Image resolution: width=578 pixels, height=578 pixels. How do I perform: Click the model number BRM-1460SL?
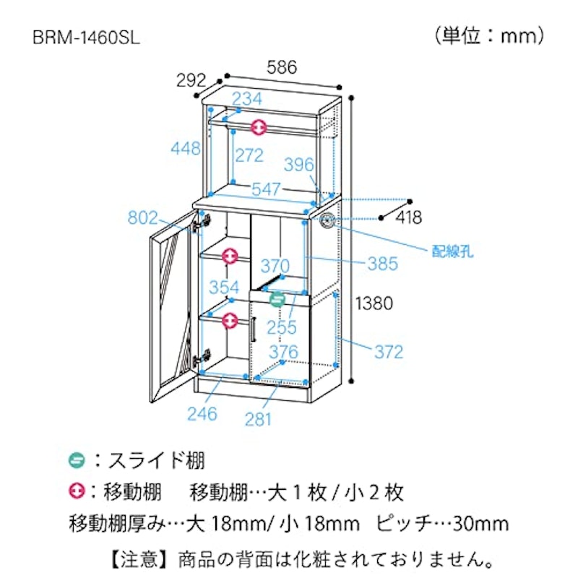tap(86, 38)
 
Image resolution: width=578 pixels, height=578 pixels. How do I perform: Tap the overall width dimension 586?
tap(282, 67)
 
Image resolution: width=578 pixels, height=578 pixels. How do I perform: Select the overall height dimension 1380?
tap(374, 303)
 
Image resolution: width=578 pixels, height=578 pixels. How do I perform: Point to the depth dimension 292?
tap(191, 80)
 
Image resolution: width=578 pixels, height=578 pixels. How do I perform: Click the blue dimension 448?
tap(186, 149)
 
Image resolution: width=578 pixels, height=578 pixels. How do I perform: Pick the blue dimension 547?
tap(266, 189)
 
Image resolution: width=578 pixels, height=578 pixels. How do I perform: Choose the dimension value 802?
tap(142, 217)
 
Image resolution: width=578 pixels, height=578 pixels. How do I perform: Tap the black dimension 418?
tap(409, 217)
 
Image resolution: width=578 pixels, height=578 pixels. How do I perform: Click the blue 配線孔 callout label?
tap(452, 251)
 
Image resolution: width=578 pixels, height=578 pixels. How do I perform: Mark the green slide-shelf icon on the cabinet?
tap(277, 299)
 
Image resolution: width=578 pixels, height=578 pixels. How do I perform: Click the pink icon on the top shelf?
tap(259, 128)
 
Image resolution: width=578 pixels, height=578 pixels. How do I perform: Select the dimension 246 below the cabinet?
tap(202, 414)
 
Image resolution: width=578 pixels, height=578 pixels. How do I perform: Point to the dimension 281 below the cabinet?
tap(258, 419)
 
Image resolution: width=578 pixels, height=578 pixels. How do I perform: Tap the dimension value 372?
tap(389, 352)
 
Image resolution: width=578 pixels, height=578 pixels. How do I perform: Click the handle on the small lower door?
tap(254, 329)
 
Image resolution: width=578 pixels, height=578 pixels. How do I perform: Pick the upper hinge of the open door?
tap(202, 223)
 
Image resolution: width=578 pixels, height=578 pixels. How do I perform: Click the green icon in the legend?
tap(77, 460)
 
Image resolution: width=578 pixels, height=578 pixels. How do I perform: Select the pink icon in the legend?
tap(77, 491)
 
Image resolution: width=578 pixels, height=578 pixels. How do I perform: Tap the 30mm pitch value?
tap(480, 523)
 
